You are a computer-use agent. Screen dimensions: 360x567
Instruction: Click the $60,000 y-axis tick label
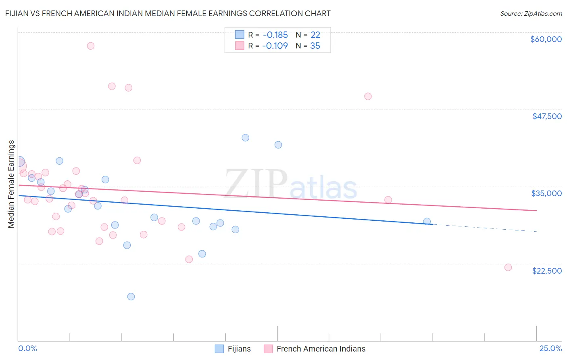[546, 39]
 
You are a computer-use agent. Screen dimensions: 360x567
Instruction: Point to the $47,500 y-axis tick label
[547, 116]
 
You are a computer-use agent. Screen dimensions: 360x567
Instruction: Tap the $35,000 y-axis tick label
[546, 193]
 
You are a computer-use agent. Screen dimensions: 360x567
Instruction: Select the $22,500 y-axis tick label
[547, 271]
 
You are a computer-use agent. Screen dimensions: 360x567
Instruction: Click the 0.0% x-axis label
[27, 348]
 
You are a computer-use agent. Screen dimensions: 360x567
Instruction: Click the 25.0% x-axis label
[550, 348]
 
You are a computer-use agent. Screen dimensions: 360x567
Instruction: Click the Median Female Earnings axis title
[11, 184]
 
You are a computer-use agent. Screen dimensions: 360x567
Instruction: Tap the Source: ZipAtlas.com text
[531, 13]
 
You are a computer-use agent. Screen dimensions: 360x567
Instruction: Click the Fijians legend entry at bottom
[239, 349]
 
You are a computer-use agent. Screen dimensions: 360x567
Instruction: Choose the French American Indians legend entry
[321, 349]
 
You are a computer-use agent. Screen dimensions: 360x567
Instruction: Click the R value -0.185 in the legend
[275, 35]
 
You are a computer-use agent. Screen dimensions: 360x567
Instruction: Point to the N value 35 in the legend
[315, 46]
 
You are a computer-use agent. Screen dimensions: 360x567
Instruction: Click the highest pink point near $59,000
[91, 46]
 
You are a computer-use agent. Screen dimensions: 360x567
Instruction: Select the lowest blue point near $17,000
[131, 297]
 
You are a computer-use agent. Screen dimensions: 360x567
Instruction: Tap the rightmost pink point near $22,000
[508, 267]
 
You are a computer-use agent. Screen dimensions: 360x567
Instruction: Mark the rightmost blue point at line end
[427, 221]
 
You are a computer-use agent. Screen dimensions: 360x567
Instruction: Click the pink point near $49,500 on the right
[368, 96]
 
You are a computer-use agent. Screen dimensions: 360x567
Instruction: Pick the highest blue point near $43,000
[245, 138]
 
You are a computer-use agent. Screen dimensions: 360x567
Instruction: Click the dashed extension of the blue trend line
[484, 228]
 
